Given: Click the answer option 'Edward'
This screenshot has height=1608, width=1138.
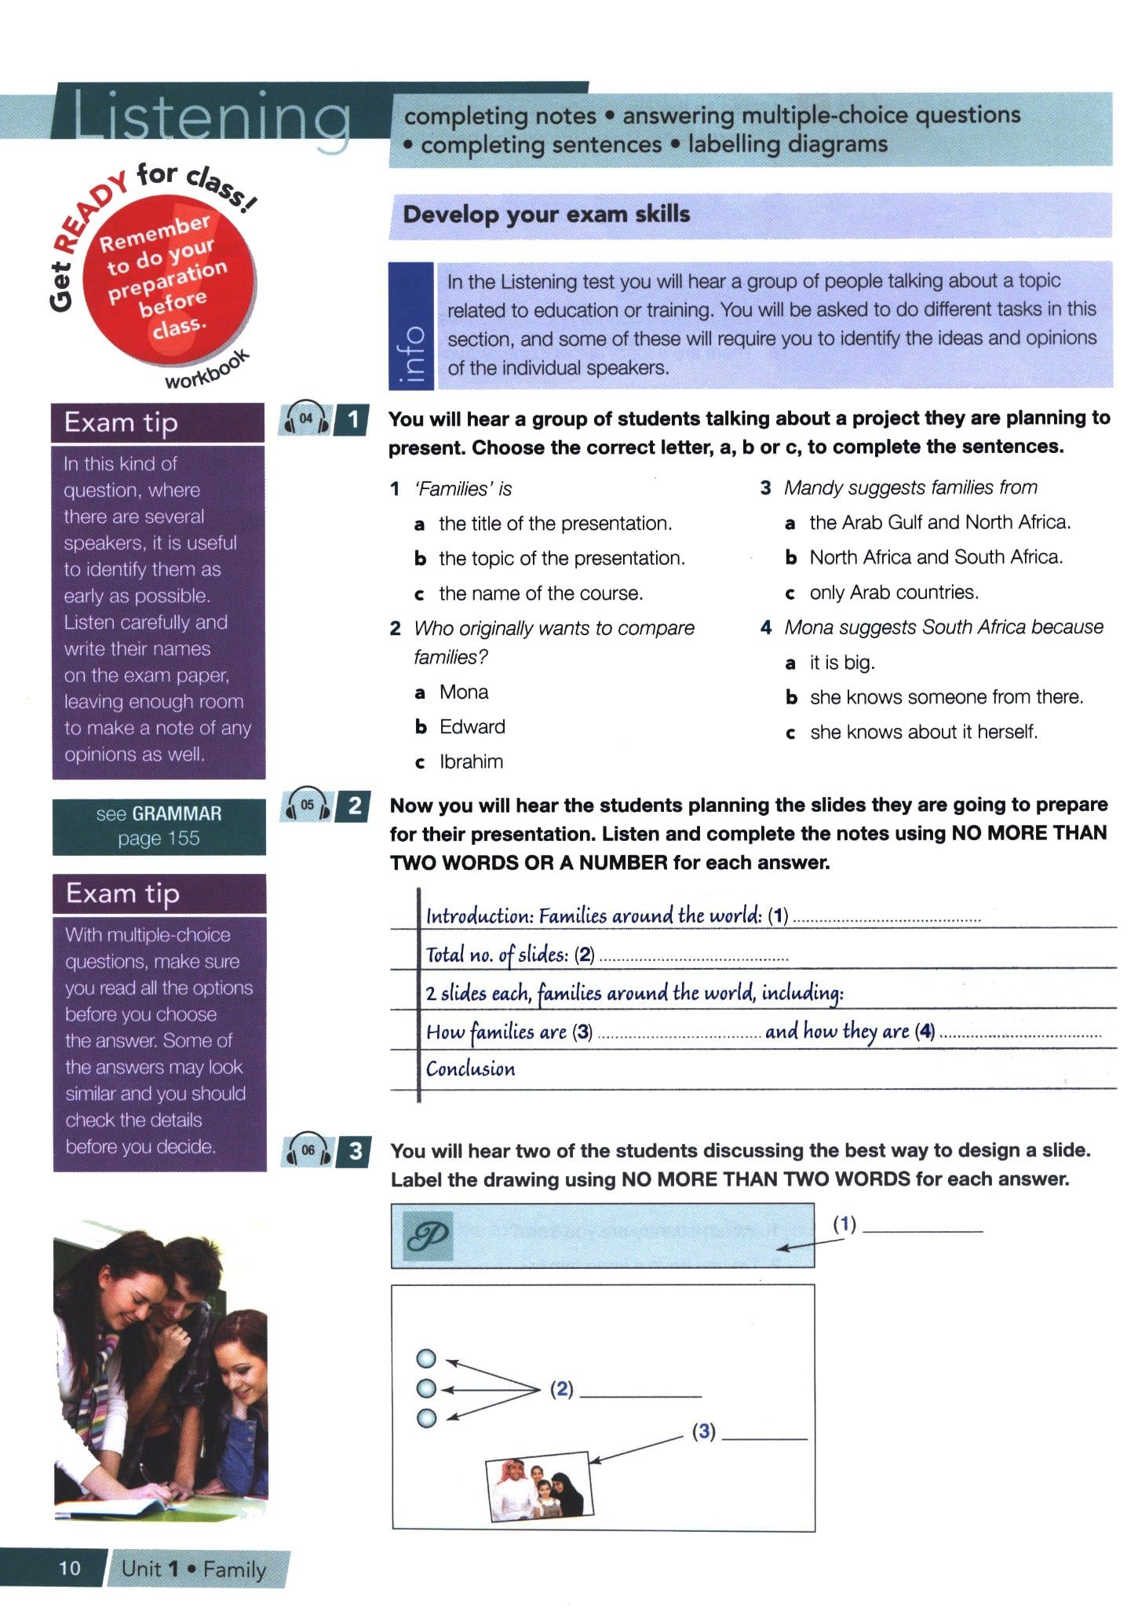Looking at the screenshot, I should click(x=472, y=727).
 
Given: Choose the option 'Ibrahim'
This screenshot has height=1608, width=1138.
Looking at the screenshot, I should click(x=471, y=762).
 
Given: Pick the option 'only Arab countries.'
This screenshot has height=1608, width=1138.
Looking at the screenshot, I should click(x=894, y=592).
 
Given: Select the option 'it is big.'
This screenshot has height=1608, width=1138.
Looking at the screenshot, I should click(x=842, y=663).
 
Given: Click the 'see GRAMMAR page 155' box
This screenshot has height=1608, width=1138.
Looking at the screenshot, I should click(x=159, y=826).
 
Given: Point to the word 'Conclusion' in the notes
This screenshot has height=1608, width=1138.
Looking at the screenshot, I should click(x=470, y=1069).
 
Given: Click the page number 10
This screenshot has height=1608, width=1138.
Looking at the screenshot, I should click(x=69, y=1568).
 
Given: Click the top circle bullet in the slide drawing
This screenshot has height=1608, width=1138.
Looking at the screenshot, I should click(x=426, y=1358).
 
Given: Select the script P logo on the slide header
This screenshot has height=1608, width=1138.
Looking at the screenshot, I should click(x=428, y=1237).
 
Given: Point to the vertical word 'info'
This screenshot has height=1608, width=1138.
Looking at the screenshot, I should click(x=412, y=355).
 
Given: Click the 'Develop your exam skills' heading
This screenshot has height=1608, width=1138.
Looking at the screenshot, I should click(x=546, y=214).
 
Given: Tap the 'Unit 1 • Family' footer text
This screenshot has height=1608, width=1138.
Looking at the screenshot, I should click(x=194, y=1569).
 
